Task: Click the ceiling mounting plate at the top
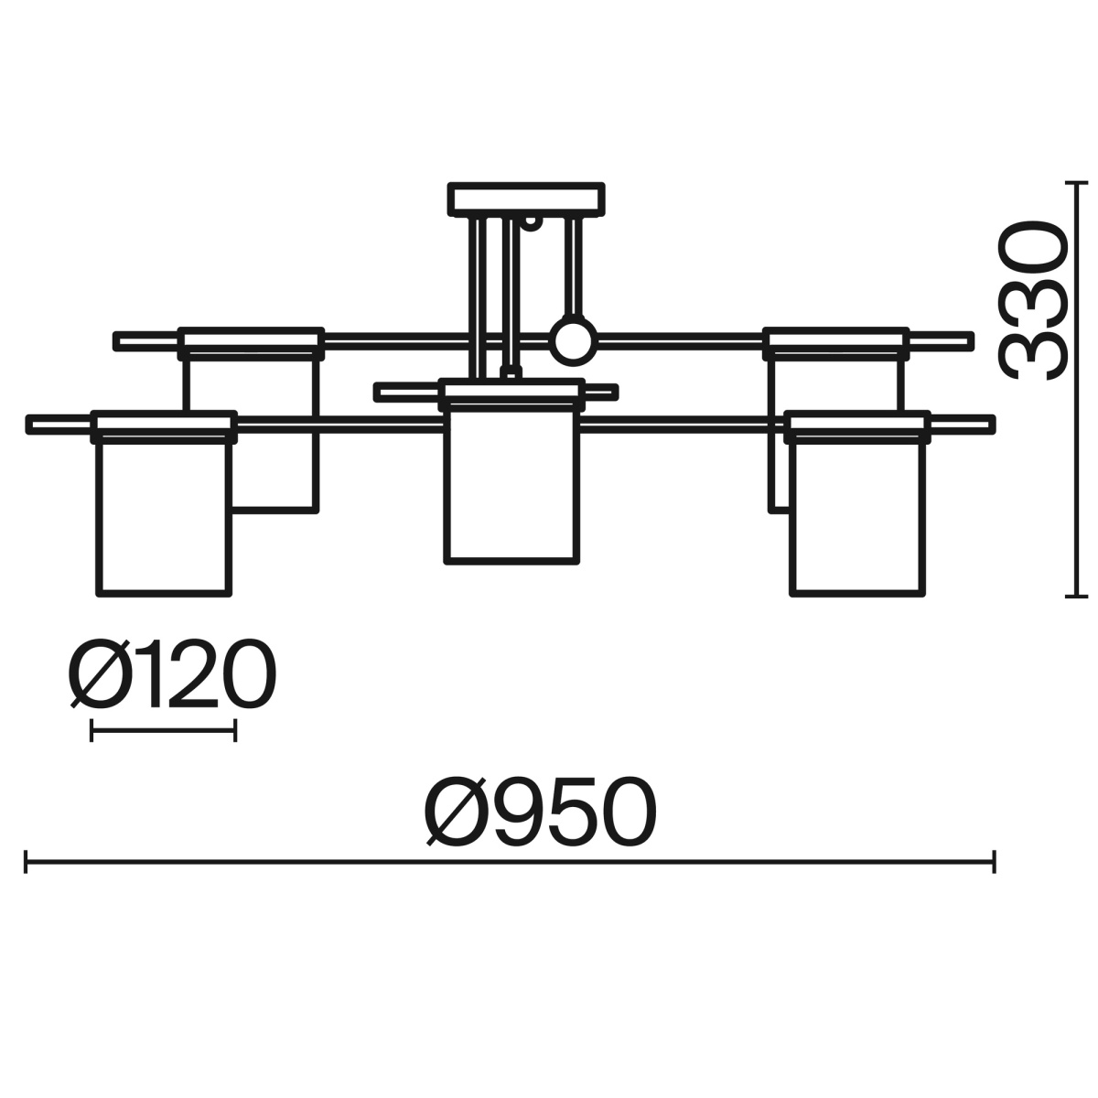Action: click(526, 199)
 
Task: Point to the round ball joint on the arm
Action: click(574, 340)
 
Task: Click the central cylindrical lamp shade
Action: click(511, 486)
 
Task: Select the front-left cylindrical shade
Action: click(164, 518)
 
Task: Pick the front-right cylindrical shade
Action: click(858, 518)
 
